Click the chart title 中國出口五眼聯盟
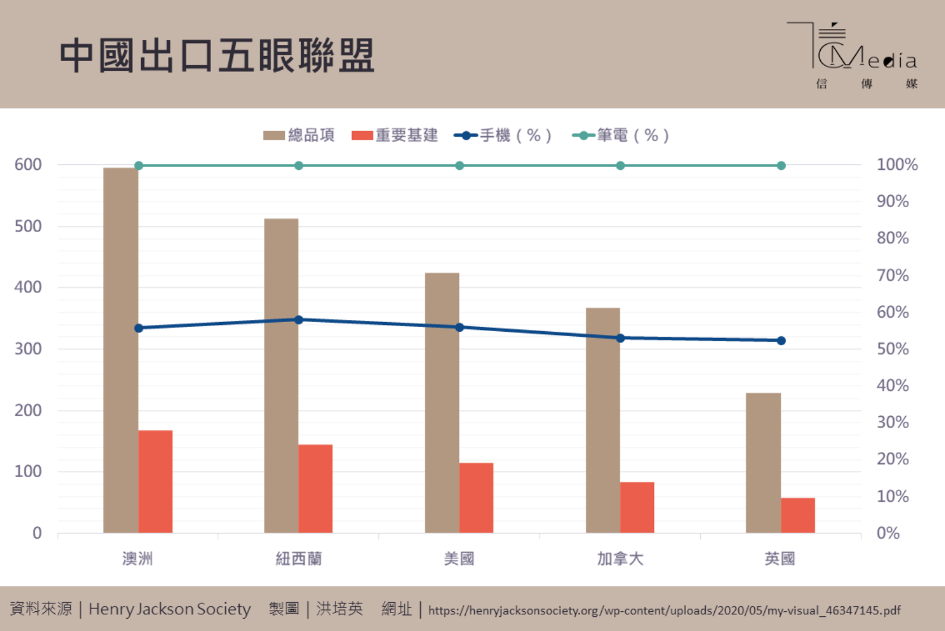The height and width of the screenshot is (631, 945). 217,55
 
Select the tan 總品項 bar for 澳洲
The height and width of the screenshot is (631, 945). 121,351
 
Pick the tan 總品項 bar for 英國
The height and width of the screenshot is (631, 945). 763,463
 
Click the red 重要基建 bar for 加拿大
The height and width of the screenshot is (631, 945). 637,507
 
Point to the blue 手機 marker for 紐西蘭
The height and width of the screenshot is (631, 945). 299,320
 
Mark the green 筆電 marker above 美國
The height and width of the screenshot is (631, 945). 460,166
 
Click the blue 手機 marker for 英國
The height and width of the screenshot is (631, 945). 781,340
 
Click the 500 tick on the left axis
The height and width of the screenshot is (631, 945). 28,226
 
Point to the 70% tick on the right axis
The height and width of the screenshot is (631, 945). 892,275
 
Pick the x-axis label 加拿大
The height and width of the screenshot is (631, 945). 620,559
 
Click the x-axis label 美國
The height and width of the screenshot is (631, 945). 459,559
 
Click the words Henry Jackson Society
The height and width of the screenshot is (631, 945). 170,609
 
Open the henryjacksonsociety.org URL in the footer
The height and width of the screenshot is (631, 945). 664,611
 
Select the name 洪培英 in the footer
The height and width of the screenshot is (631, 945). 340,609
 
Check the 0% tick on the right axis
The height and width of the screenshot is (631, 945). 888,533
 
